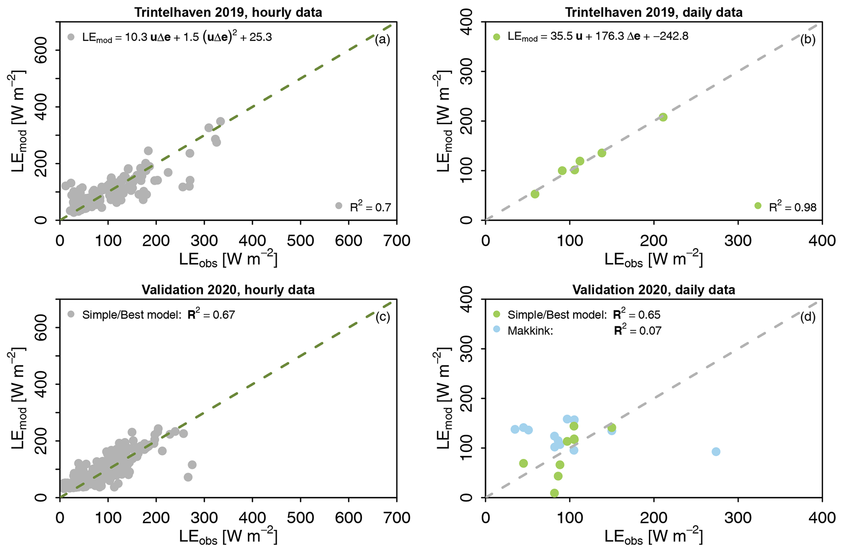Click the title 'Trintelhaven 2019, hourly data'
(228, 12)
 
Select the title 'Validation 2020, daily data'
(653, 290)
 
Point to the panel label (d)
(808, 317)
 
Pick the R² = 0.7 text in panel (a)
(370, 207)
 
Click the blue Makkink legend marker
(496, 329)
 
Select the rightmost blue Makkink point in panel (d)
(716, 452)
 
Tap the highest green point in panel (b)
(663, 117)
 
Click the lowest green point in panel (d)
(554, 493)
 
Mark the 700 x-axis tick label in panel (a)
(396, 241)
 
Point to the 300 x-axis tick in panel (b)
(738, 241)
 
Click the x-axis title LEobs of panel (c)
(228, 536)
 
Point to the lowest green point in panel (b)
(535, 194)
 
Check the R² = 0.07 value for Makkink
(637, 330)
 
